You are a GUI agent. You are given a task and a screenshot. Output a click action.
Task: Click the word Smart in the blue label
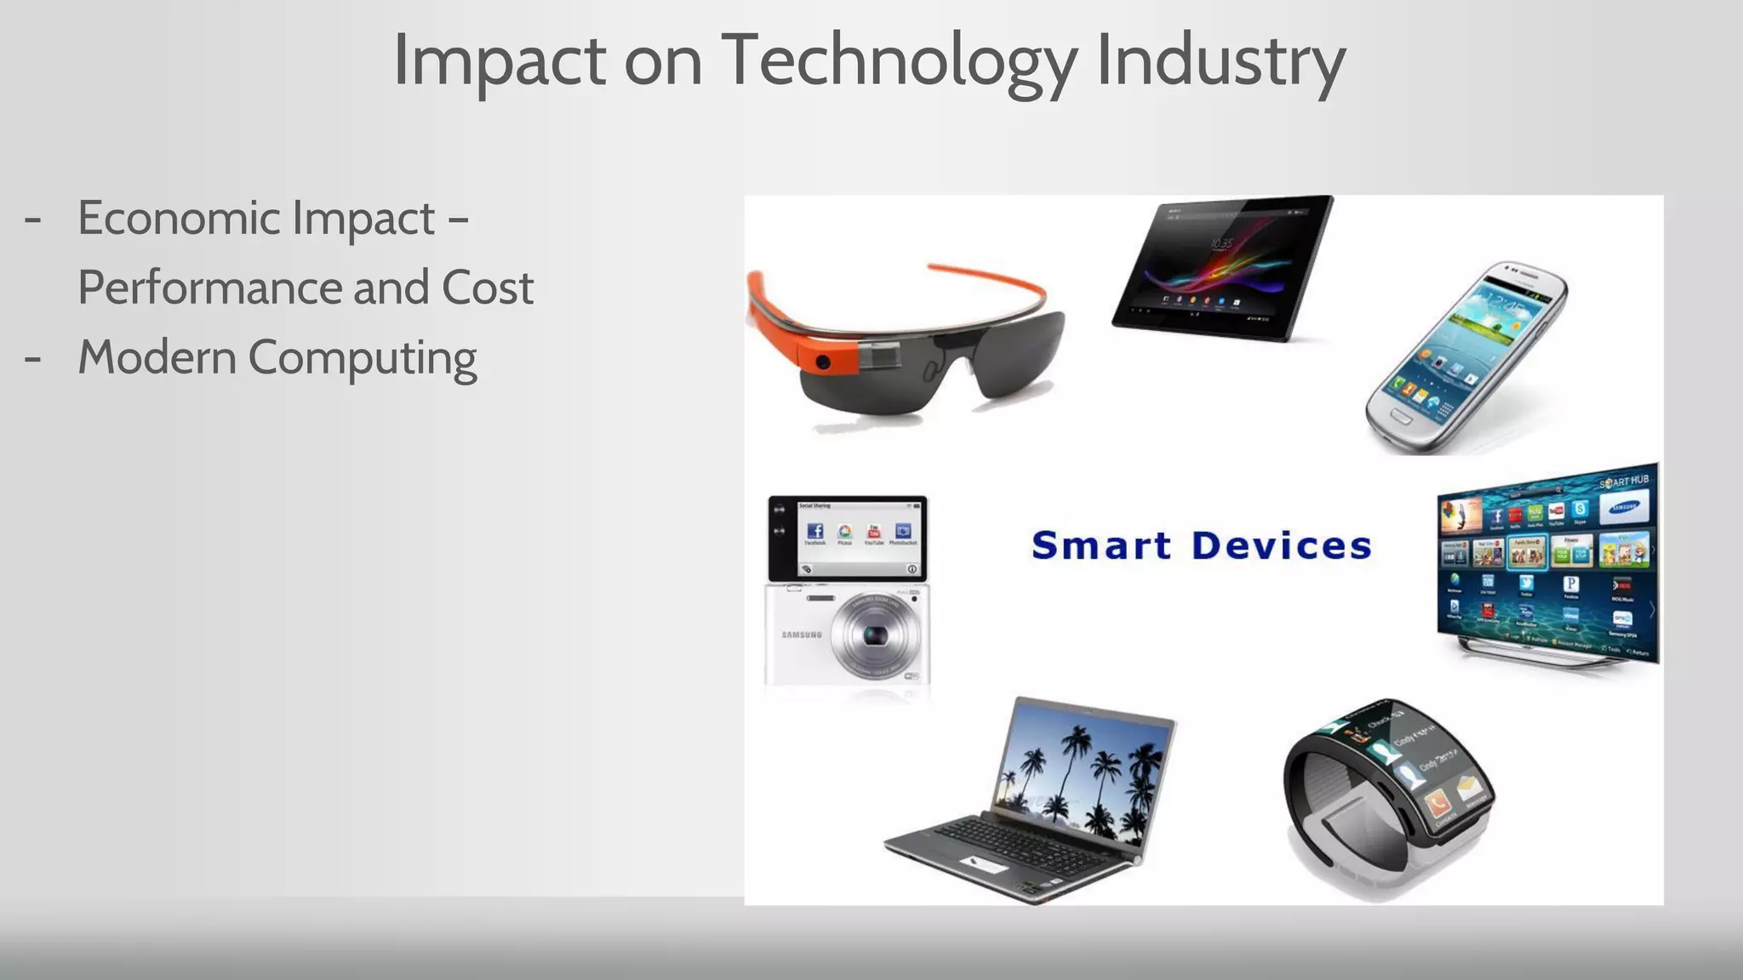tap(1101, 546)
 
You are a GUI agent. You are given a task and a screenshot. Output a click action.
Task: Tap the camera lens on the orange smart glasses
tap(823, 362)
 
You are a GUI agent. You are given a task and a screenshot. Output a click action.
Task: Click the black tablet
tap(1223, 265)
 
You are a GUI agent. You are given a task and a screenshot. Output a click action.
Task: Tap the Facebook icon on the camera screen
tap(814, 531)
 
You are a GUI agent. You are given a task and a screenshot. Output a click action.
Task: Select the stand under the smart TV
tap(1540, 655)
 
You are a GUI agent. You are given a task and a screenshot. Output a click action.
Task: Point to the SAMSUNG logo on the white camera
tap(802, 635)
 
